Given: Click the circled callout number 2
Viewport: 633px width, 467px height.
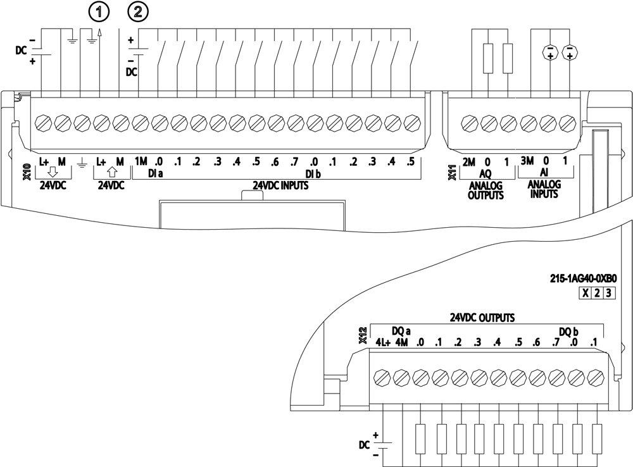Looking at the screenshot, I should pos(139,11).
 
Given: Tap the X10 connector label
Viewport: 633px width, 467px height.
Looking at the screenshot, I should pos(27,173).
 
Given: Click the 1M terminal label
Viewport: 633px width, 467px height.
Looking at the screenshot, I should pos(141,163).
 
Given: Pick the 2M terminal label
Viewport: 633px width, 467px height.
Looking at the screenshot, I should pos(468,163).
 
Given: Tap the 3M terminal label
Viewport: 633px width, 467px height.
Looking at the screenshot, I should pos(527,163).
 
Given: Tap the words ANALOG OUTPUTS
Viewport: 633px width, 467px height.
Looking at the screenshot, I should pos(486,190).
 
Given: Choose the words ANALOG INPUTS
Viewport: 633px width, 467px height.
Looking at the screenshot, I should pos(544,190).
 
